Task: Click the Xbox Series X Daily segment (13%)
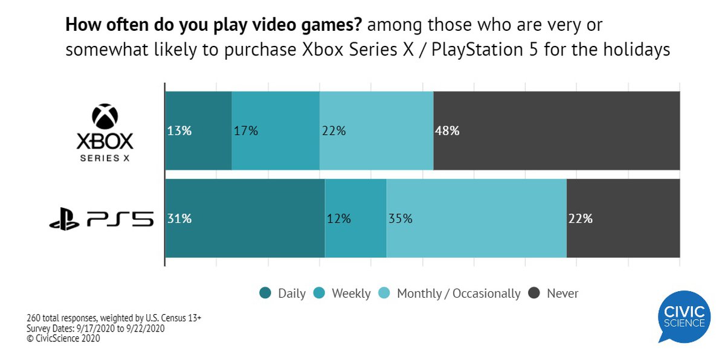[x=198, y=130]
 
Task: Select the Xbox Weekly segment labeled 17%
[x=275, y=130]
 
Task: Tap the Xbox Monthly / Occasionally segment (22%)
[x=376, y=130]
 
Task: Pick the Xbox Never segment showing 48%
[x=556, y=130]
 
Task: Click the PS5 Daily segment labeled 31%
[x=245, y=219]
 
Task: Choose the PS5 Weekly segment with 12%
[x=356, y=219]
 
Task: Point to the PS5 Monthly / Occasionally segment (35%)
[x=477, y=219]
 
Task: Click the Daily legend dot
[x=265, y=294]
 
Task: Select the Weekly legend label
[x=351, y=294]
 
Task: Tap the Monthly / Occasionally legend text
[x=459, y=294]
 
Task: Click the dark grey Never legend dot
[x=534, y=294]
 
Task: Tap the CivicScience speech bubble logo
[x=685, y=317]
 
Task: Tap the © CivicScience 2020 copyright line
[x=63, y=339]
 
